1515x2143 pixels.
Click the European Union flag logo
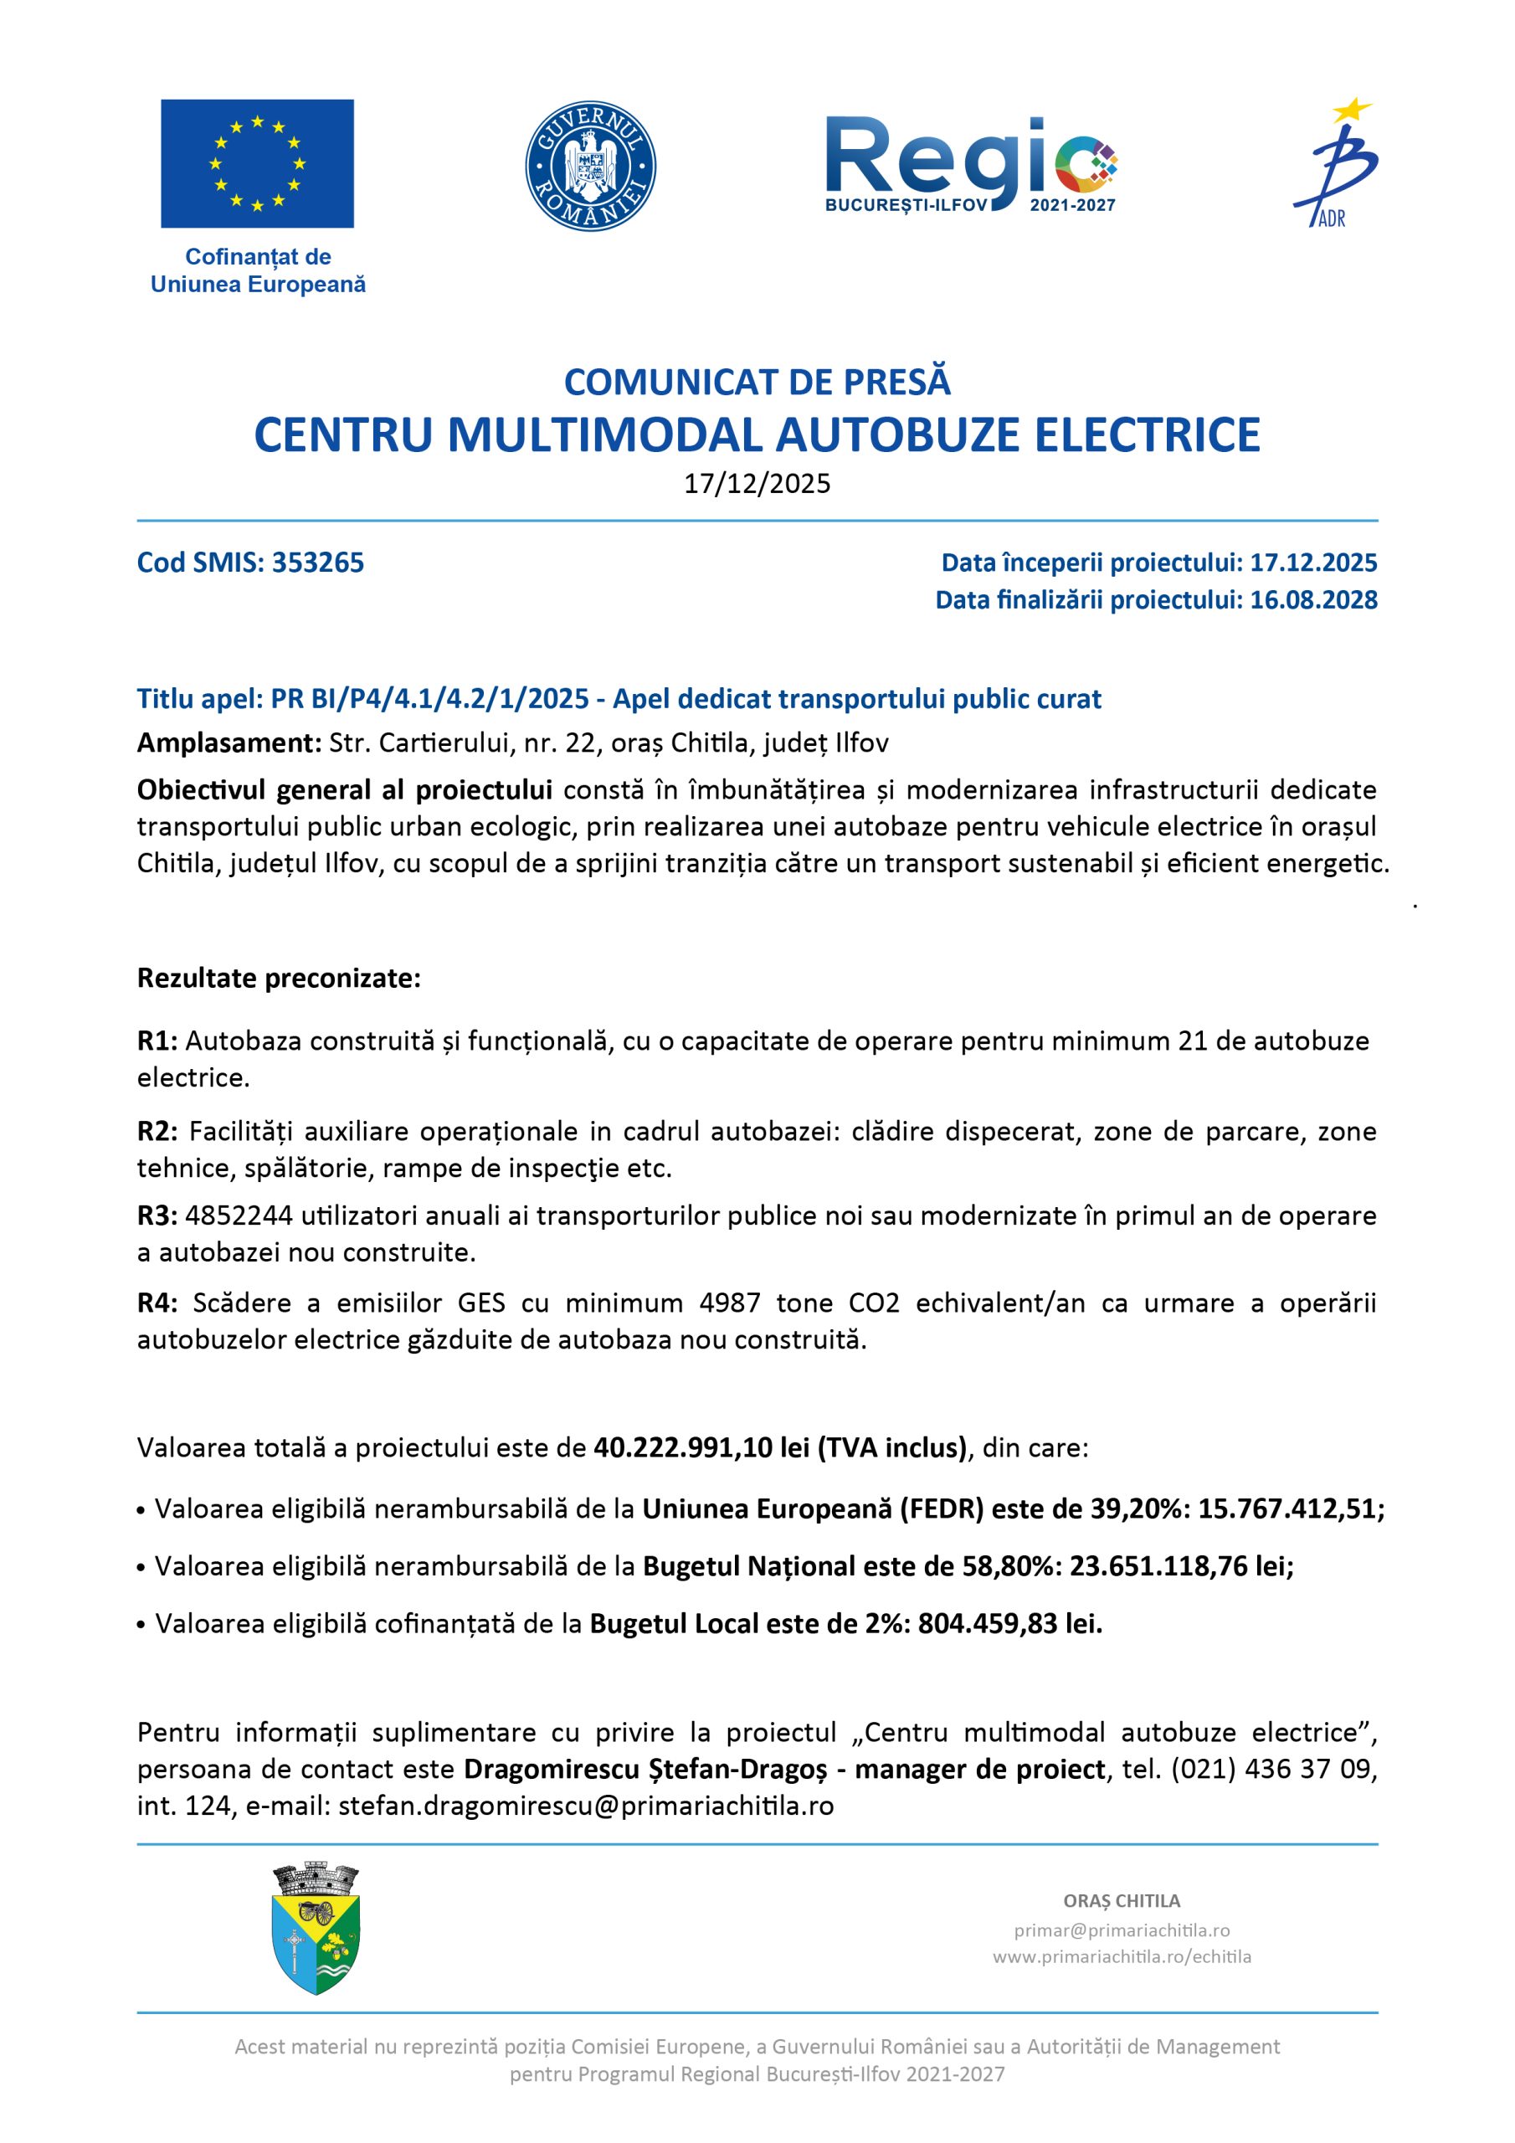pyautogui.click(x=257, y=163)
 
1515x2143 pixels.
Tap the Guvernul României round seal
pyautogui.click(x=590, y=166)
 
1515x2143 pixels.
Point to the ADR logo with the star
pyautogui.click(x=1335, y=163)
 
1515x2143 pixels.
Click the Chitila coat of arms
pyautogui.click(x=316, y=1929)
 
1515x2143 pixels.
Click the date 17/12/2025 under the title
pyautogui.click(x=757, y=484)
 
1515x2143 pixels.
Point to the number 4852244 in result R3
pyautogui.click(x=239, y=1216)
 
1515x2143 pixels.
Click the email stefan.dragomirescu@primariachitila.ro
pyautogui.click(x=586, y=1806)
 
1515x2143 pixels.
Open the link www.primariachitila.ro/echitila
pyautogui.click(x=1121, y=1956)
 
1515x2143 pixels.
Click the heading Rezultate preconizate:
pyautogui.click(x=279, y=979)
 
